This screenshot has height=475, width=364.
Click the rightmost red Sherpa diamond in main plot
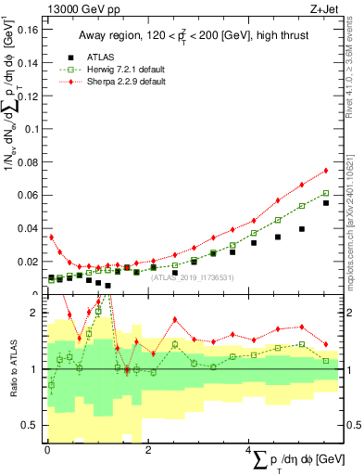326,170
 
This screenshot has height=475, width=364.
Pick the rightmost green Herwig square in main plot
326,194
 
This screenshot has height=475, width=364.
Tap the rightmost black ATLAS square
326,203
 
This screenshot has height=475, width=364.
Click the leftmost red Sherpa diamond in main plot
51,237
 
